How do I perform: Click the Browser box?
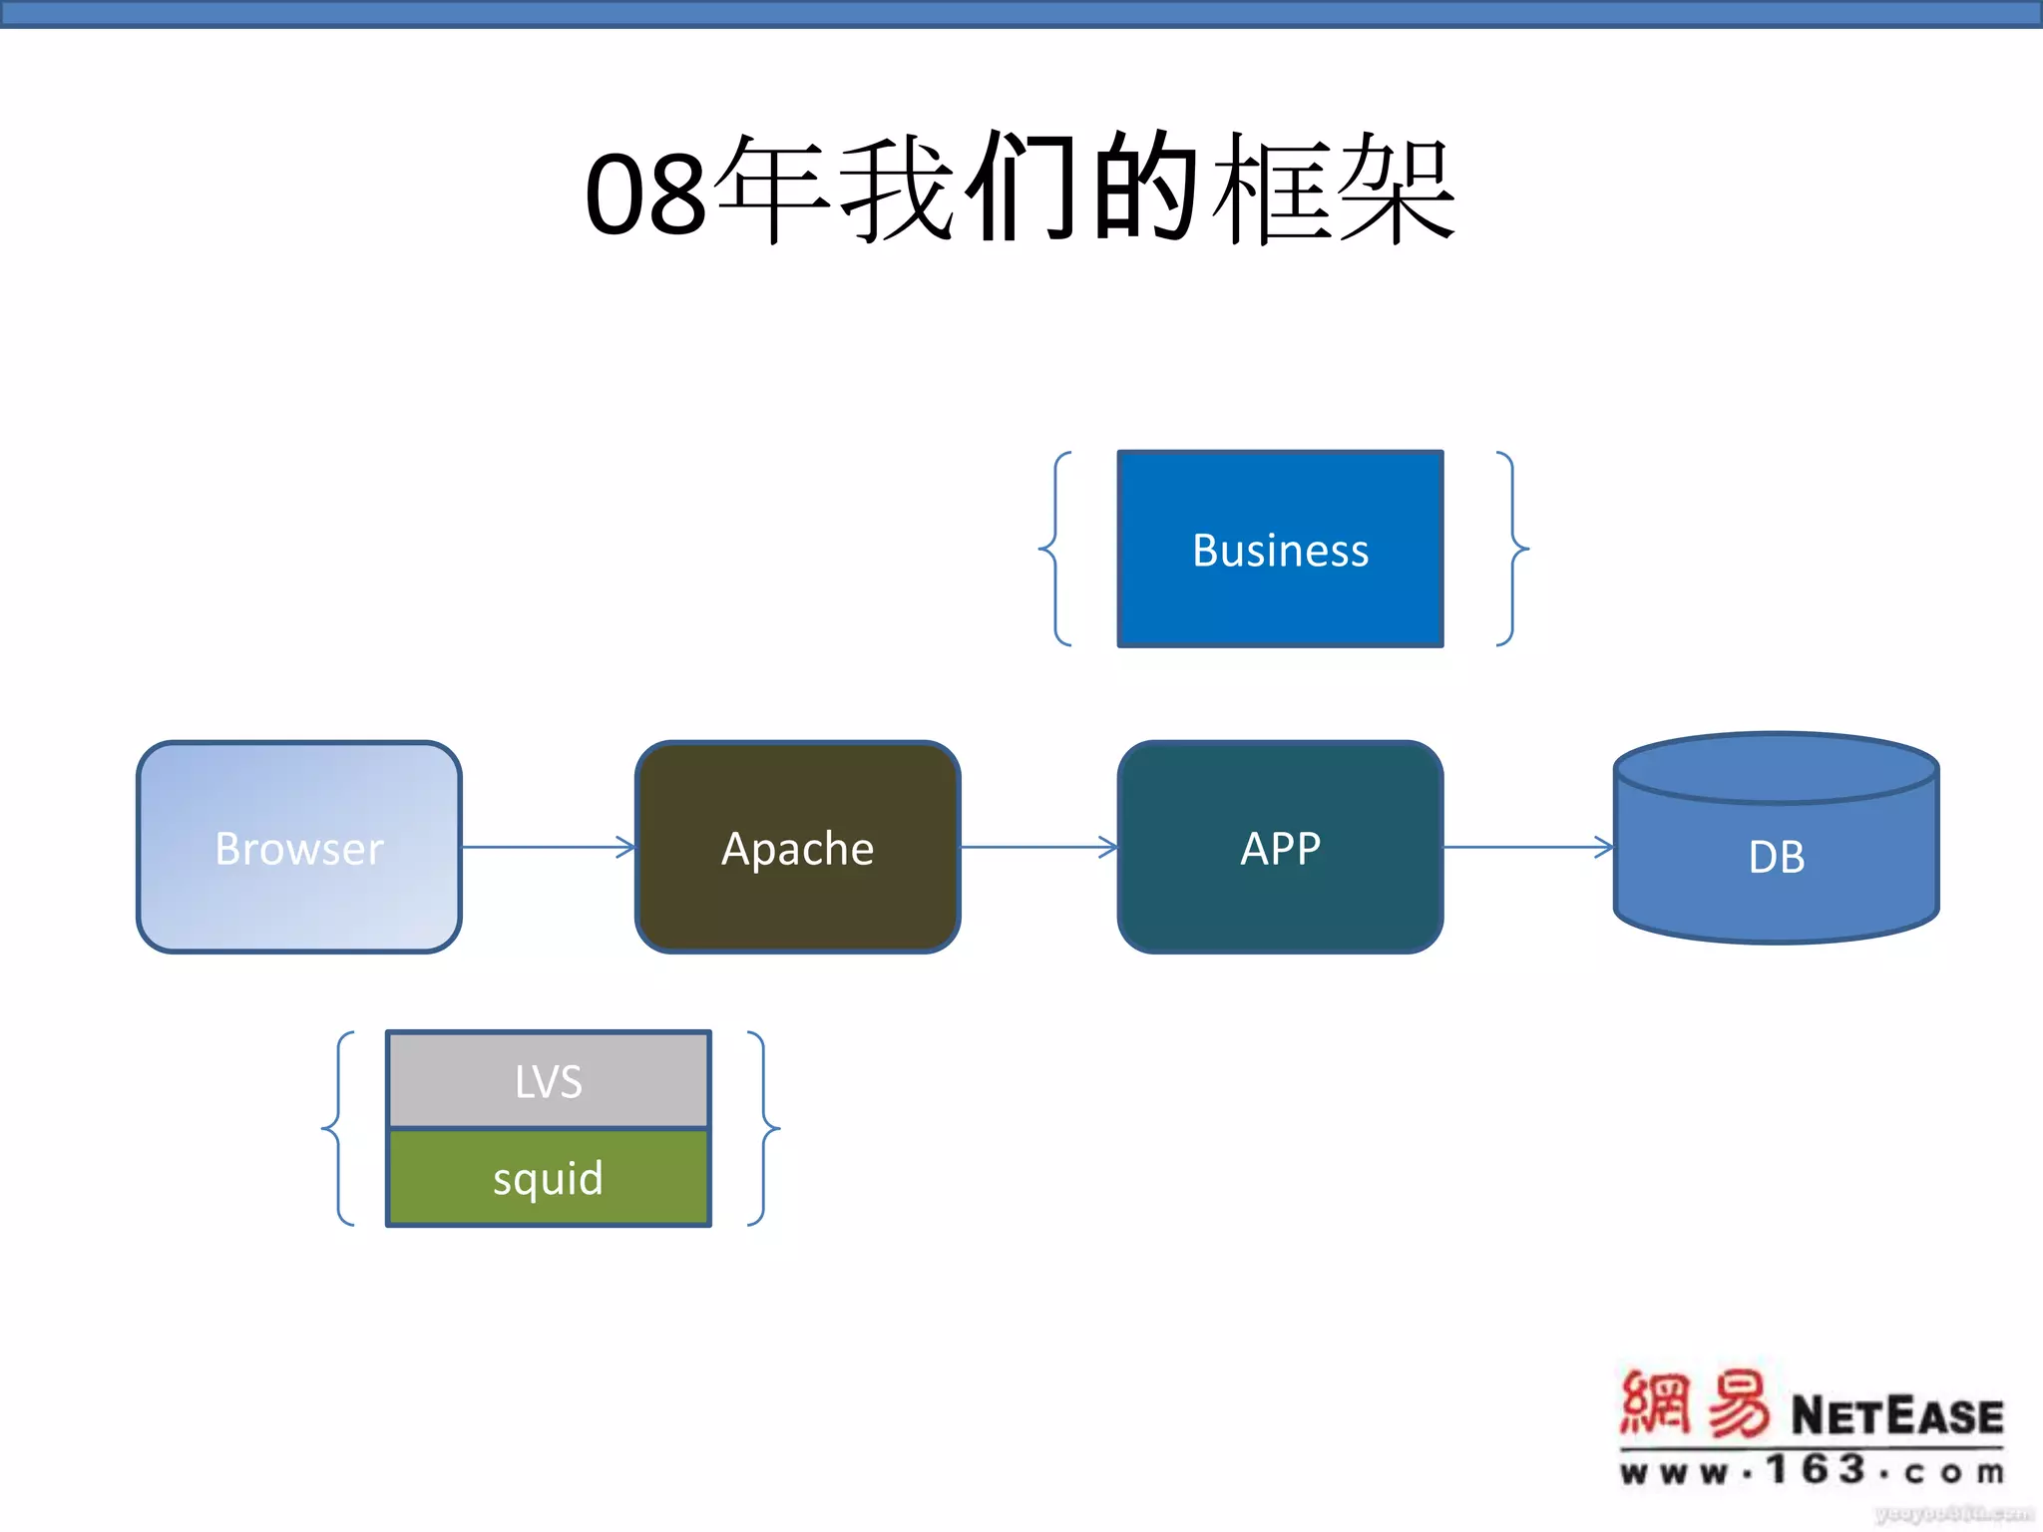[x=299, y=848]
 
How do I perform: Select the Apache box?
[x=798, y=848]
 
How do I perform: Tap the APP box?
[x=1280, y=848]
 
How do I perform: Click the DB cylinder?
[x=1776, y=856]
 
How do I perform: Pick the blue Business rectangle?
[x=1280, y=550]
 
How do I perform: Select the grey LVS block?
[x=549, y=1080]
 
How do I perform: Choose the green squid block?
[x=549, y=1178]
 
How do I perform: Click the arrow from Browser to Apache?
[x=549, y=848]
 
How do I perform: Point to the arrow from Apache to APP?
[x=1037, y=848]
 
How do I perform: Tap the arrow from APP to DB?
[x=1526, y=848]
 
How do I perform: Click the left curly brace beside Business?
[x=1055, y=549]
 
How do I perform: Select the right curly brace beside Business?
[x=1512, y=549]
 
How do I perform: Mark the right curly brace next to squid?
[x=763, y=1129]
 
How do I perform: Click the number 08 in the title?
[x=646, y=194]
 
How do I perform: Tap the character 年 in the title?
[x=773, y=190]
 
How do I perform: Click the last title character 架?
[x=1397, y=190]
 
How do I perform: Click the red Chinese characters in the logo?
[x=1694, y=1404]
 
